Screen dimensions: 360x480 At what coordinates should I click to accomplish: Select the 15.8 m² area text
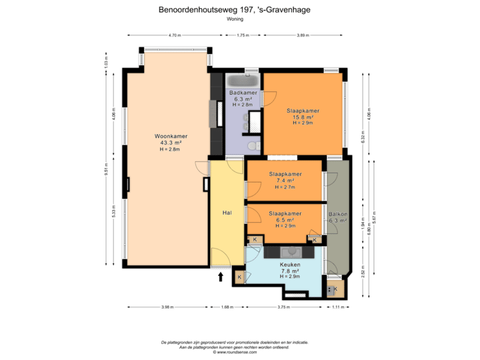click(303, 117)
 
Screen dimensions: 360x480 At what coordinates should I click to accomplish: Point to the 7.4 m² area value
click(285, 181)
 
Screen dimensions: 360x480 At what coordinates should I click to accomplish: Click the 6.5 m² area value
click(285, 219)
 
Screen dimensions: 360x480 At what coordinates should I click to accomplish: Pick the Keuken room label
click(290, 265)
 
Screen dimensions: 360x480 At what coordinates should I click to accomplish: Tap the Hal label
click(227, 213)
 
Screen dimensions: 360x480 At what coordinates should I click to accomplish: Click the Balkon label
click(338, 213)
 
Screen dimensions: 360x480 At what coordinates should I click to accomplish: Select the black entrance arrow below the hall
click(221, 274)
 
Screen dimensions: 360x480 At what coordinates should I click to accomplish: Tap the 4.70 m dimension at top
click(175, 35)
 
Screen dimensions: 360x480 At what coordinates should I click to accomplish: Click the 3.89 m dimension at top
click(303, 35)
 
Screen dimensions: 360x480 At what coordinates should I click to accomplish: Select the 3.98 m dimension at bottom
click(167, 307)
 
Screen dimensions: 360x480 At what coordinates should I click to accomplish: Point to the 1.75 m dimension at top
click(243, 35)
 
